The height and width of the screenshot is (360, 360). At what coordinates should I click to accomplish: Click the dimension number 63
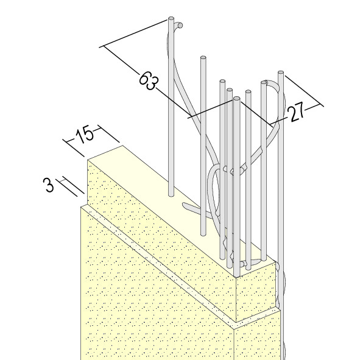tap(149, 80)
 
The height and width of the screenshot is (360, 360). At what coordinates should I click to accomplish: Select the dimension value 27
tap(297, 113)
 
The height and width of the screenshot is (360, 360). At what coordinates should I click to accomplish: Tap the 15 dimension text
tap(85, 135)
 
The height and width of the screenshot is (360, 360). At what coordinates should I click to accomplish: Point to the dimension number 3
tap(49, 185)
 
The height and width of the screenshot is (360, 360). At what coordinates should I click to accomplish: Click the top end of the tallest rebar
tap(171, 18)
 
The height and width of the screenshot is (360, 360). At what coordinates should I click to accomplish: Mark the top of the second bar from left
tap(203, 57)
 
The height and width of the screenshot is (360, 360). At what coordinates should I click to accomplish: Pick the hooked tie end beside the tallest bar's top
tap(178, 25)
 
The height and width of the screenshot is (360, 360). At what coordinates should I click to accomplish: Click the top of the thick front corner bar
tap(237, 99)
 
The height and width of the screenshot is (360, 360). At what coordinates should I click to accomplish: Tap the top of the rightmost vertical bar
tap(281, 72)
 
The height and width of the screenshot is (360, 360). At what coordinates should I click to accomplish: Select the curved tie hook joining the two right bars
tap(273, 85)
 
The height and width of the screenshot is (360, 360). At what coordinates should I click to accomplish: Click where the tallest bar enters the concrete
tap(171, 195)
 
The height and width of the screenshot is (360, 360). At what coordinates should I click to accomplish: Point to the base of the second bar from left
tap(203, 234)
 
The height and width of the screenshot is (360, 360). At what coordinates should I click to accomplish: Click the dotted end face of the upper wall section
tap(256, 292)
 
